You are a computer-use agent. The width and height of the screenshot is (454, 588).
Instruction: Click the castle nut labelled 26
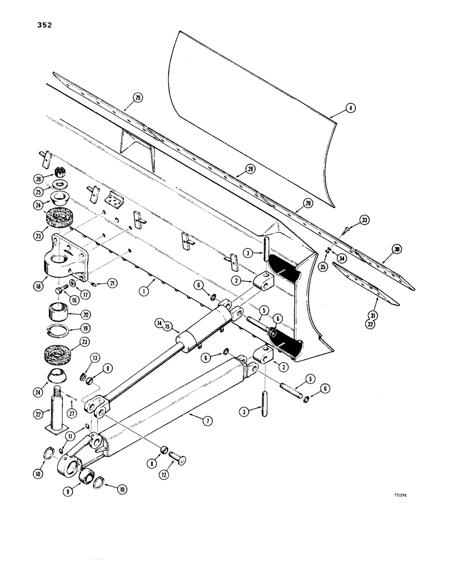coord(59,172)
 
